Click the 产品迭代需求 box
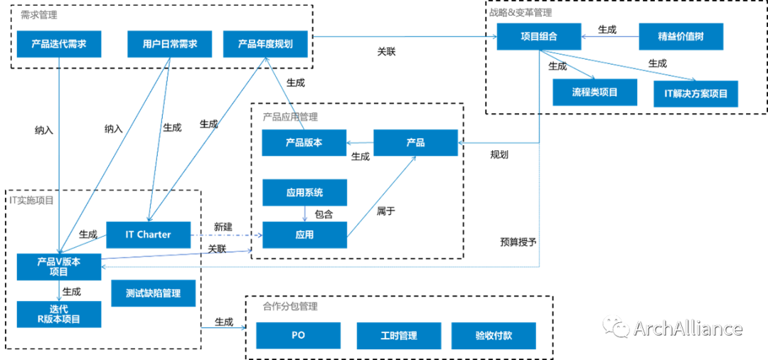pos(59,44)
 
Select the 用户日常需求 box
pos(170,44)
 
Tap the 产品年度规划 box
pos(266,44)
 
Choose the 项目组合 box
pos(539,36)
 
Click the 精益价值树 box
pos(681,36)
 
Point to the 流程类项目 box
pos(594,92)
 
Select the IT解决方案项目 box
pos(695,94)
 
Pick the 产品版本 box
pos(304,143)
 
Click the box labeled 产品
pos(415,143)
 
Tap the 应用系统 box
pos(304,192)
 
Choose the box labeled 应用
pos(304,235)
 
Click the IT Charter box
pos(149,235)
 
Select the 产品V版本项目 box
pos(59,266)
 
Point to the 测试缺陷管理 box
pos(153,293)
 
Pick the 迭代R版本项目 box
pos(59,314)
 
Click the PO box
pos(298,335)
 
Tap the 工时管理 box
pos(399,336)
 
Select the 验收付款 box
pos(494,336)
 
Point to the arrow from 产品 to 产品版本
pos(360,144)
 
